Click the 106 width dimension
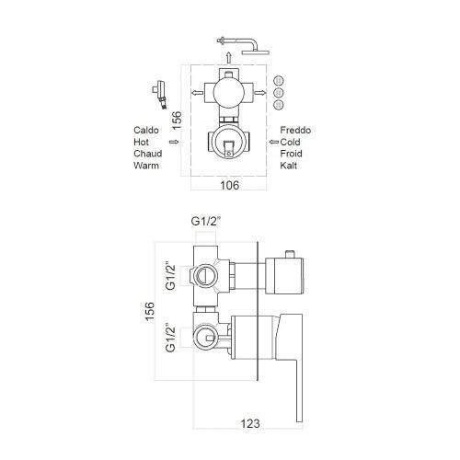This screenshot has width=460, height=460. click(229, 185)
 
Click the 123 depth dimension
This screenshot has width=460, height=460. click(250, 423)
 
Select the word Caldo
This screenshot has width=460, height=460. click(146, 130)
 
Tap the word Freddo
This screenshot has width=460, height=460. click(295, 130)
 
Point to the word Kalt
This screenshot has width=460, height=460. click(288, 166)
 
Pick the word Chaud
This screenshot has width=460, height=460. click(147, 154)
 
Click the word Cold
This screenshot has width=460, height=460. click(290, 142)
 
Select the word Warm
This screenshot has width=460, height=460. click(146, 166)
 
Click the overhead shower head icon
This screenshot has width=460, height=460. click(243, 45)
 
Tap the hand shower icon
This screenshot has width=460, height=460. click(159, 95)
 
